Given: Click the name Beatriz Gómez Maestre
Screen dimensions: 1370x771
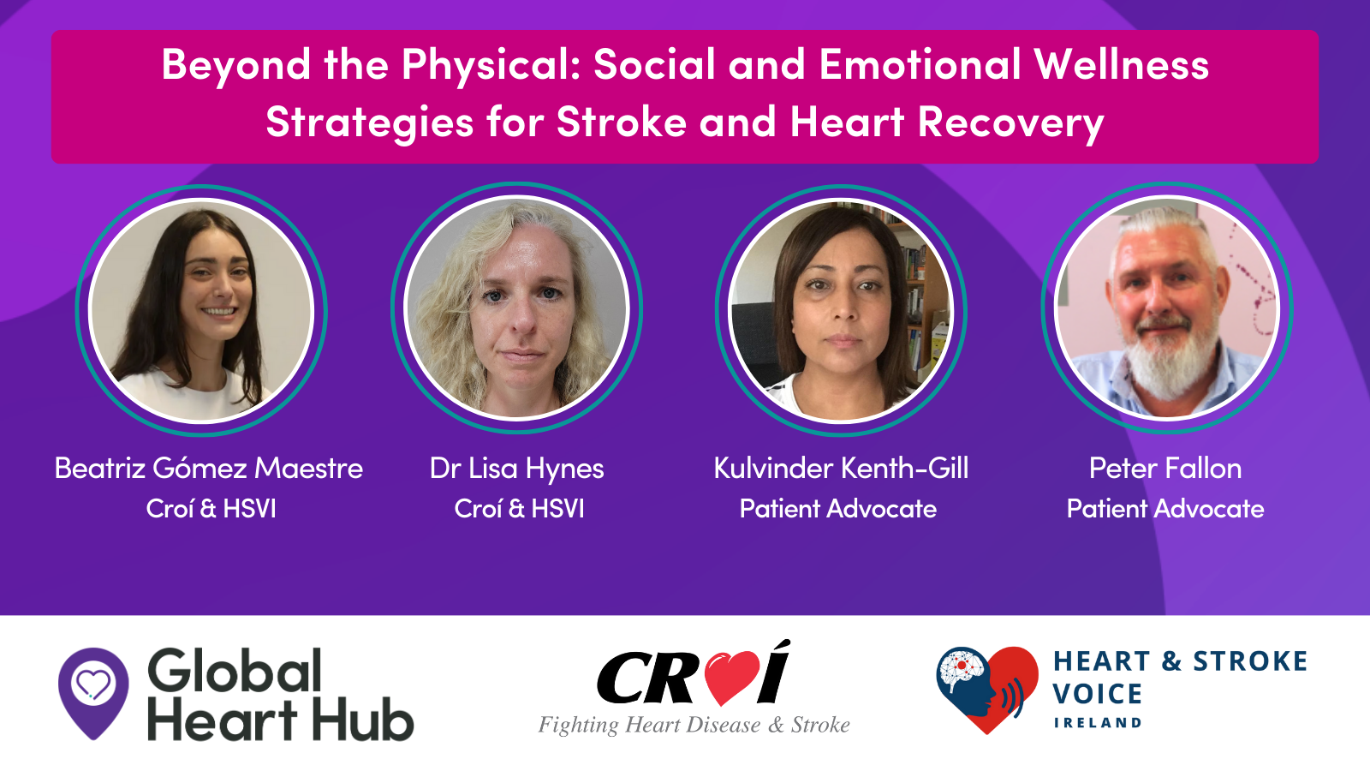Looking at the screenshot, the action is [209, 468].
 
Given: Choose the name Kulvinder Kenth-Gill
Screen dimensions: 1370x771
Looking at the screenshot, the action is [841, 468].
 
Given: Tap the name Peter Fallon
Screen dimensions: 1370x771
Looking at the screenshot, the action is [1165, 468].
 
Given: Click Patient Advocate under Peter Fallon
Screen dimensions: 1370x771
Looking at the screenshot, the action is [1165, 509].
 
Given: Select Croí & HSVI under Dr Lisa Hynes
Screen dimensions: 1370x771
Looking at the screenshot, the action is [519, 509].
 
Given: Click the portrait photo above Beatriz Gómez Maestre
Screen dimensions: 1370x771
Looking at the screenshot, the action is [201, 310].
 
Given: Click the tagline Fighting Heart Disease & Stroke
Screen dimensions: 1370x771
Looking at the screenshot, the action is [694, 725].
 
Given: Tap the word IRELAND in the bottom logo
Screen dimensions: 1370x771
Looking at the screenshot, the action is [1097, 723].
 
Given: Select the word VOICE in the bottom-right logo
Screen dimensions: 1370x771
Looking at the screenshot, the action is [1097, 694].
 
